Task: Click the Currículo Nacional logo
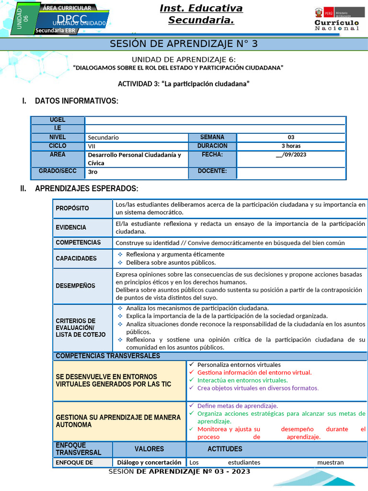coord(336,19)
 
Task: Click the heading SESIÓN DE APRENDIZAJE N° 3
coord(184,44)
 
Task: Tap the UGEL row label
coord(57,120)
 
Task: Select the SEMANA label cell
coord(212,137)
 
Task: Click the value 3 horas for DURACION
coord(291,146)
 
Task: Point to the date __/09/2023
coord(291,154)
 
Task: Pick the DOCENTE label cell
coord(212,171)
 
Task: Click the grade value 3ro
coord(92,172)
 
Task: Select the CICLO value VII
coord(92,146)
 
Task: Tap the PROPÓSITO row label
coord(72,208)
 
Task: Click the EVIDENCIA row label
coord(71,227)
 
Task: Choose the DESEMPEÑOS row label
coord(75,286)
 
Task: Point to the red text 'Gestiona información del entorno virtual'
coord(254,372)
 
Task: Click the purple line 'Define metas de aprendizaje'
coord(237,406)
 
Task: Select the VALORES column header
coord(149,449)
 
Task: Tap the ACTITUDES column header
coord(225,449)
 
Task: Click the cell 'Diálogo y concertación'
coord(149,463)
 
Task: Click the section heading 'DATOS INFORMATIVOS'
coord(76,101)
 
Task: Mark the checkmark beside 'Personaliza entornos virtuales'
coord(192,364)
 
